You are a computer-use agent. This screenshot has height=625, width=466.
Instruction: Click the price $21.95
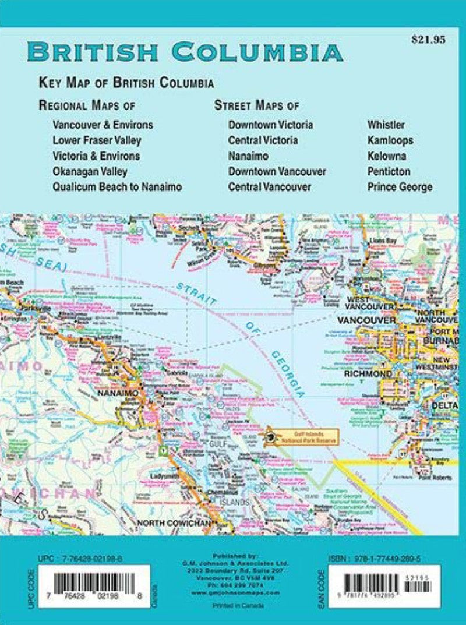click(428, 40)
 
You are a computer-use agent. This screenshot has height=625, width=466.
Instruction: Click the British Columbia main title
click(185, 52)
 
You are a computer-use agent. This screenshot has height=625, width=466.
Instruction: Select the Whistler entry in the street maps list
click(386, 125)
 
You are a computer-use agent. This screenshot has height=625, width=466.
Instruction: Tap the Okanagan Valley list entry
click(90, 171)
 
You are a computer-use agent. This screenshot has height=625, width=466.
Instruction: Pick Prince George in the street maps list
click(400, 187)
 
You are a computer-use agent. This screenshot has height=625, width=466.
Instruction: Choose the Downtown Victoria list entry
click(270, 125)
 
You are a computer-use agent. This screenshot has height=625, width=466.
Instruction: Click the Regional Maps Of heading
click(87, 105)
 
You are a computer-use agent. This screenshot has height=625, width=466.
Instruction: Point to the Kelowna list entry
click(387, 156)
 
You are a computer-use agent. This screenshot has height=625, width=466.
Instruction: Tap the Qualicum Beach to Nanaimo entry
click(117, 187)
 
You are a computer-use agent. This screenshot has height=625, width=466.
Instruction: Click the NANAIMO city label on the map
click(121, 394)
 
